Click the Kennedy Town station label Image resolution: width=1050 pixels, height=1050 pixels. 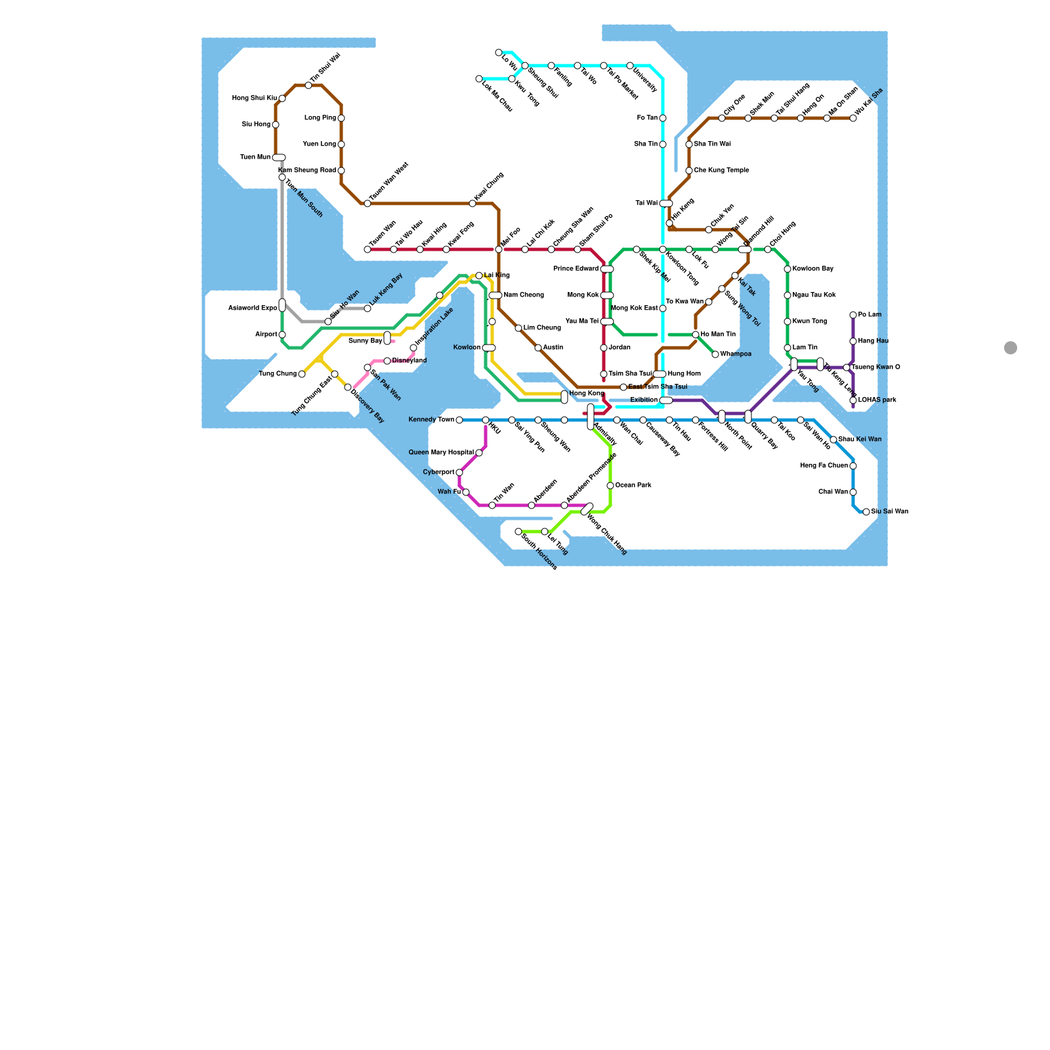431,420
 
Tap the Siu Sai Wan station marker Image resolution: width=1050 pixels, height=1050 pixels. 866,512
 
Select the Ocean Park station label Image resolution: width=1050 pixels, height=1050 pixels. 633,486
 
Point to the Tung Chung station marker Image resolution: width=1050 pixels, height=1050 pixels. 302,374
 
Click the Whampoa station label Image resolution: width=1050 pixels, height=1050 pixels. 736,354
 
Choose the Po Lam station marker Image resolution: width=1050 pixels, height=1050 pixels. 853,315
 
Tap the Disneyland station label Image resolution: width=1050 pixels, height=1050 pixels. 409,361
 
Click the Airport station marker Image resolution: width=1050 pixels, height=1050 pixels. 282,335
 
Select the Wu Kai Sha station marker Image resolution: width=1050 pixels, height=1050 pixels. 853,118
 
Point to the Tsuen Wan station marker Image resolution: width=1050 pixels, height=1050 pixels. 367,249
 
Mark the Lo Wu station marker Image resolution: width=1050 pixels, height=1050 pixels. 499,52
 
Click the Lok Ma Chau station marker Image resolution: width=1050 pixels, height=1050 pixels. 479,79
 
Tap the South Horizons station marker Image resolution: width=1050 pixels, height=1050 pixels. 518,532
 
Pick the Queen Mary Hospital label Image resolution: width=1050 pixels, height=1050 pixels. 441,453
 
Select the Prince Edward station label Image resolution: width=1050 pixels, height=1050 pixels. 576,269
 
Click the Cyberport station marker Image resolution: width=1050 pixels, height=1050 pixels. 459,472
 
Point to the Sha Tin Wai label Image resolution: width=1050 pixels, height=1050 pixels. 712,144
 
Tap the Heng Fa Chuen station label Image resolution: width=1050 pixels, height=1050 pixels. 824,466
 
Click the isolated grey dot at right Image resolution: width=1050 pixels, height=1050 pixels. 1011,348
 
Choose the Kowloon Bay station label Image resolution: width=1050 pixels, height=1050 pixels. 812,269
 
